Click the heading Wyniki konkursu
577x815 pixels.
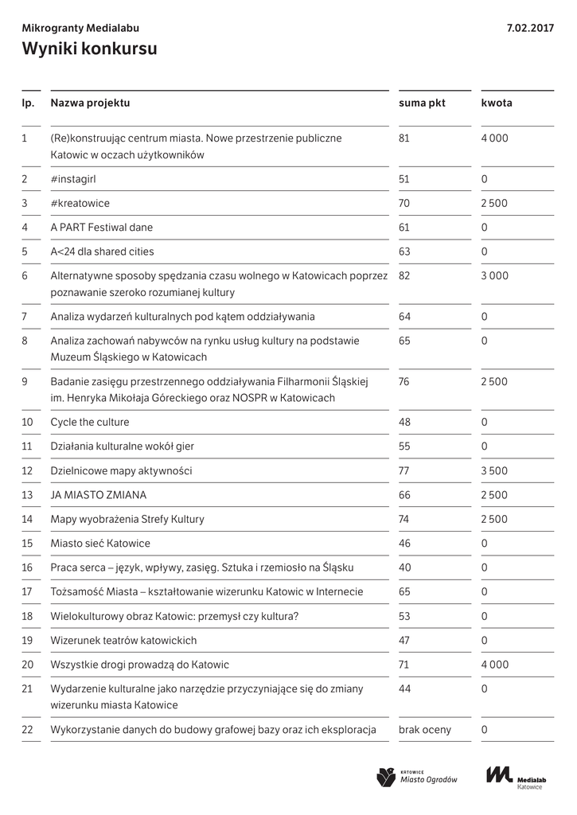pyautogui.click(x=89, y=49)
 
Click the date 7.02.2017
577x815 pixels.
pyautogui.click(x=530, y=28)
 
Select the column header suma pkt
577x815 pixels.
pyautogui.click(x=422, y=103)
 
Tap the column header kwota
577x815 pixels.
pyautogui.click(x=497, y=103)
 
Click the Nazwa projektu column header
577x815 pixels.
pyautogui.click(x=90, y=103)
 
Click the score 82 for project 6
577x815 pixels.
pyautogui.click(x=404, y=276)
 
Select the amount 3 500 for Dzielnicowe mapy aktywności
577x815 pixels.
pyautogui.click(x=494, y=471)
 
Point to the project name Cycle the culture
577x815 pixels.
pyautogui.click(x=89, y=422)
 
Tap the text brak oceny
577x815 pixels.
pyautogui.click(x=424, y=730)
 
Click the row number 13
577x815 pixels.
pyautogui.click(x=27, y=495)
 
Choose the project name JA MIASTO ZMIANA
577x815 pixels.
pyautogui.click(x=98, y=495)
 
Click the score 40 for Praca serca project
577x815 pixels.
pyautogui.click(x=404, y=568)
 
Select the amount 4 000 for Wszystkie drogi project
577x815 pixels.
pyautogui.click(x=494, y=665)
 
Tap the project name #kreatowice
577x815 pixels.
pyautogui.click(x=80, y=204)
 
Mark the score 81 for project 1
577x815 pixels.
pyautogui.click(x=404, y=138)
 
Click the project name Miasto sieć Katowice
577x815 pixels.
pyautogui.click(x=99, y=544)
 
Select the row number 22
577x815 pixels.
pyautogui.click(x=28, y=730)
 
